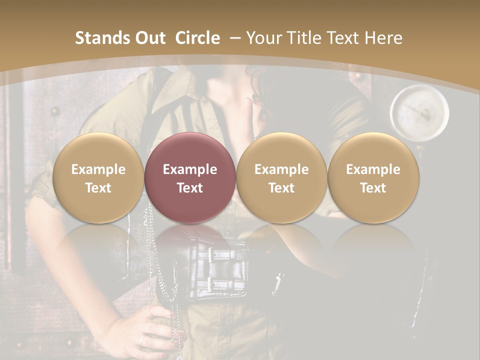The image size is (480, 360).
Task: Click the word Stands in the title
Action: click(x=101, y=38)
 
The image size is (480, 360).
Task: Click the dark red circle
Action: click(x=189, y=177)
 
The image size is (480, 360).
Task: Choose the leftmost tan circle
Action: click(x=98, y=177)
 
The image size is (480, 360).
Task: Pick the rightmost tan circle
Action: click(x=373, y=177)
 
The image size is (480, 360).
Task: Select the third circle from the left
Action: click(x=281, y=177)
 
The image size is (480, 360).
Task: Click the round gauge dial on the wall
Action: click(x=419, y=111)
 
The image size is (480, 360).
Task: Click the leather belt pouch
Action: click(x=220, y=270)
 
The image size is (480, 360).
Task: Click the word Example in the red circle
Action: click(x=189, y=169)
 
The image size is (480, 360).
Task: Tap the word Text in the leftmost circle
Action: click(x=98, y=188)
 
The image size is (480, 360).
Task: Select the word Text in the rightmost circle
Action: click(x=373, y=188)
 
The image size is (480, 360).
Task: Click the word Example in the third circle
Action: click(x=281, y=169)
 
